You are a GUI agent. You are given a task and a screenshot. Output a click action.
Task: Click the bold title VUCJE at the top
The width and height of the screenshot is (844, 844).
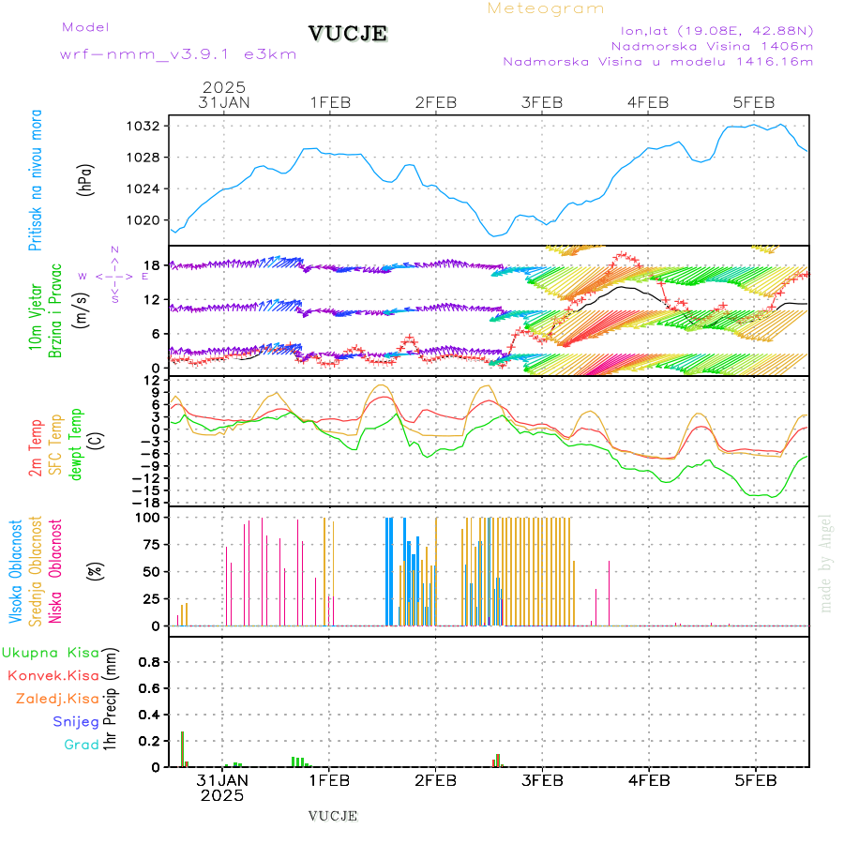pyautogui.click(x=347, y=35)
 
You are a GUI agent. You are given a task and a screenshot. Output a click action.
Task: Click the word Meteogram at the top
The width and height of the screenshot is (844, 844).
pyautogui.click(x=546, y=8)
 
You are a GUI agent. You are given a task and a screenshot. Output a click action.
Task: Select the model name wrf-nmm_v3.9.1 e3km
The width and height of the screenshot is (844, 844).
pyautogui.click(x=178, y=54)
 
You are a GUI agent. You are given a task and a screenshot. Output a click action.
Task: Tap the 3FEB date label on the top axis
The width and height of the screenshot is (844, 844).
pyautogui.click(x=541, y=102)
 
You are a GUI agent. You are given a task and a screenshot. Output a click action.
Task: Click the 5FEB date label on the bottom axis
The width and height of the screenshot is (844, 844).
pyautogui.click(x=754, y=780)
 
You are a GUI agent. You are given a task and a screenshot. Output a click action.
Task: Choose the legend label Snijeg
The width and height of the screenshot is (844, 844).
pyautogui.click(x=76, y=721)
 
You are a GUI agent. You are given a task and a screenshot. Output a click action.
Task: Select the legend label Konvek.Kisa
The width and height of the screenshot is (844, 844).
pyautogui.click(x=53, y=675)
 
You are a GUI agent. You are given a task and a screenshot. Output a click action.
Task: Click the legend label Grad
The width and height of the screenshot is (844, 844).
pyautogui.click(x=82, y=745)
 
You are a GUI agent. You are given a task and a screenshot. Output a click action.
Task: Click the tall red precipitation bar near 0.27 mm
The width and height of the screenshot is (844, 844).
pyautogui.click(x=182, y=748)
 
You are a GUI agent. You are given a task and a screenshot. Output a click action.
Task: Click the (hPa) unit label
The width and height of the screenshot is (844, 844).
pyautogui.click(x=86, y=179)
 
